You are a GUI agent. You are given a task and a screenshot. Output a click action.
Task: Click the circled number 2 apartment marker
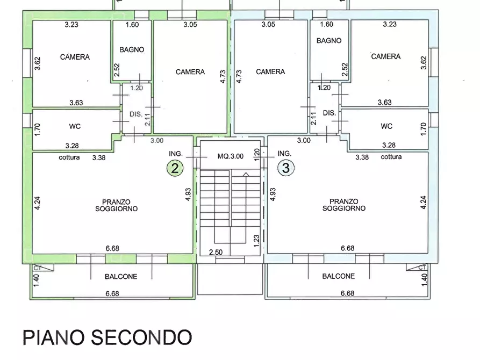[x=175, y=168]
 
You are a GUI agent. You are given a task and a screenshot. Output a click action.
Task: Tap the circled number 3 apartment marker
[x=286, y=168]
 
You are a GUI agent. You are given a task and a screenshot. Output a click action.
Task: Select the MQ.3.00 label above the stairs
[x=230, y=156]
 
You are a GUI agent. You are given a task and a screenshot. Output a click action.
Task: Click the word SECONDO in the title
[x=141, y=337]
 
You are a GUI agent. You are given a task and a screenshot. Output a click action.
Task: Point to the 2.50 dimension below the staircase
[x=215, y=252]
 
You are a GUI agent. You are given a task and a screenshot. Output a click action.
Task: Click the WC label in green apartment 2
[x=75, y=126]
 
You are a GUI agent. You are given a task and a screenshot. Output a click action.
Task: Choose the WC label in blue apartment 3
[x=386, y=126]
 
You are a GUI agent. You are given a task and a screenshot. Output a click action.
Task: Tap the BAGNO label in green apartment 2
[x=132, y=49]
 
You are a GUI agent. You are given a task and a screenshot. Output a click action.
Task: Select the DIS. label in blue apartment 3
[x=329, y=113]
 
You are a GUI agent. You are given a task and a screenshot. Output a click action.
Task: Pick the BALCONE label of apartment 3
[x=338, y=276]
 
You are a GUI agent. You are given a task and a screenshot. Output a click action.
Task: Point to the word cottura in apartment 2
[x=69, y=157]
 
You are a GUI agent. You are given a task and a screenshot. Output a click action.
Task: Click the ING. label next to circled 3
[x=284, y=153]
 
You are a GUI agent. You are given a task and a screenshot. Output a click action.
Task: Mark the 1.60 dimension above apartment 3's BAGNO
[x=326, y=24]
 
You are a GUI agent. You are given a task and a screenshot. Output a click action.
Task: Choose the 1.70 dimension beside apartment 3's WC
[x=423, y=129]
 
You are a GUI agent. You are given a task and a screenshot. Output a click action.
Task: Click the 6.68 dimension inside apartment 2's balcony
[x=112, y=293]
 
